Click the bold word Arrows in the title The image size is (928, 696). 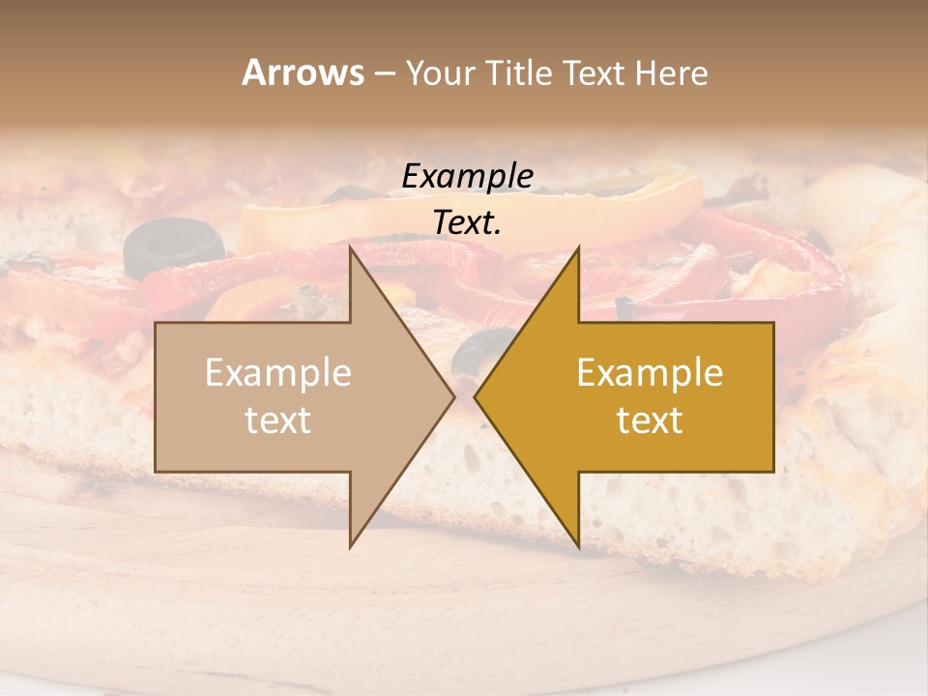point(304,72)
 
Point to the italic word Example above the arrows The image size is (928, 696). point(467,176)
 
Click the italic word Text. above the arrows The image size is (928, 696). point(467,223)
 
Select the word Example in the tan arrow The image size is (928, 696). point(278,373)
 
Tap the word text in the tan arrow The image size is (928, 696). point(278,420)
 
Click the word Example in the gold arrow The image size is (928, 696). point(650,373)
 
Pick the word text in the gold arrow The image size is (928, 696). point(650,420)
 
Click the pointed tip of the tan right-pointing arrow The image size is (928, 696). point(453,396)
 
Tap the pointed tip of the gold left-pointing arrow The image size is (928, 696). point(476,396)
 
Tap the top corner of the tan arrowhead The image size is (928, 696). point(351,248)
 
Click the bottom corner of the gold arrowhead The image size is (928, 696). point(578,546)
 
